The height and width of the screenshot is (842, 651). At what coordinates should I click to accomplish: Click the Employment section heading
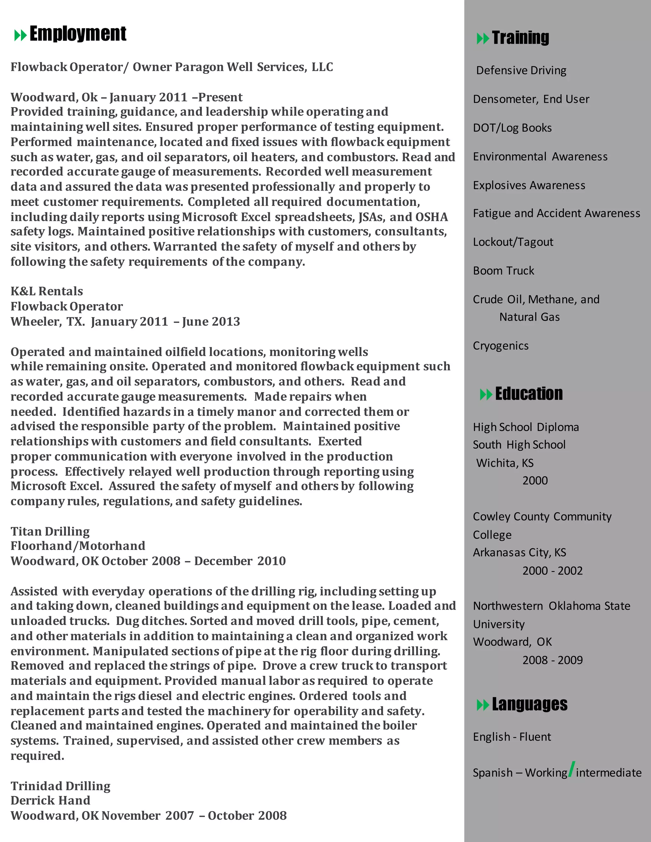[78, 34]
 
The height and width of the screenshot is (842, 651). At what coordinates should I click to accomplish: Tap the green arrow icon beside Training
[483, 38]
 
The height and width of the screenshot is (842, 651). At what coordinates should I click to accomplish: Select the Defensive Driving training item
[521, 70]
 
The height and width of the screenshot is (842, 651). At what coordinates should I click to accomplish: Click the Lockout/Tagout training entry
[513, 242]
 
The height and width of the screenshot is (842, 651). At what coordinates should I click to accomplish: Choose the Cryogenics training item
[501, 345]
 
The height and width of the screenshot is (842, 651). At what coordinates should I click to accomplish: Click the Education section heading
[528, 394]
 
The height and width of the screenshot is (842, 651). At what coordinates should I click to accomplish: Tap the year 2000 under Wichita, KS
[535, 480]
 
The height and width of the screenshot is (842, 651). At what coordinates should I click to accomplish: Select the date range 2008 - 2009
[552, 660]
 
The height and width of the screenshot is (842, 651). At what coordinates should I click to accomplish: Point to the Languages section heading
[529, 704]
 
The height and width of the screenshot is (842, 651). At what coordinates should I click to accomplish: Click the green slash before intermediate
[572, 770]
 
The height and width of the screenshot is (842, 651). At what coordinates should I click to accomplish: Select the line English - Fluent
[512, 737]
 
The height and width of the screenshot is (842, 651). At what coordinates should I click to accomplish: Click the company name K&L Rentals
[47, 291]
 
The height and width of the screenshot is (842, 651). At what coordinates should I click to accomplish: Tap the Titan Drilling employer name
[50, 531]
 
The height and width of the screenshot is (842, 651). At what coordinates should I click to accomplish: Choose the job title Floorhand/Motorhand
[78, 546]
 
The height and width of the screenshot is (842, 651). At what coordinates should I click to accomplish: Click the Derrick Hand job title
[50, 800]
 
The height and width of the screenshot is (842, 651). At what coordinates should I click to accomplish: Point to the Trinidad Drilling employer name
[60, 786]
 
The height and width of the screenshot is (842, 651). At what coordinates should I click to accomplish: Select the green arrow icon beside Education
[486, 394]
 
